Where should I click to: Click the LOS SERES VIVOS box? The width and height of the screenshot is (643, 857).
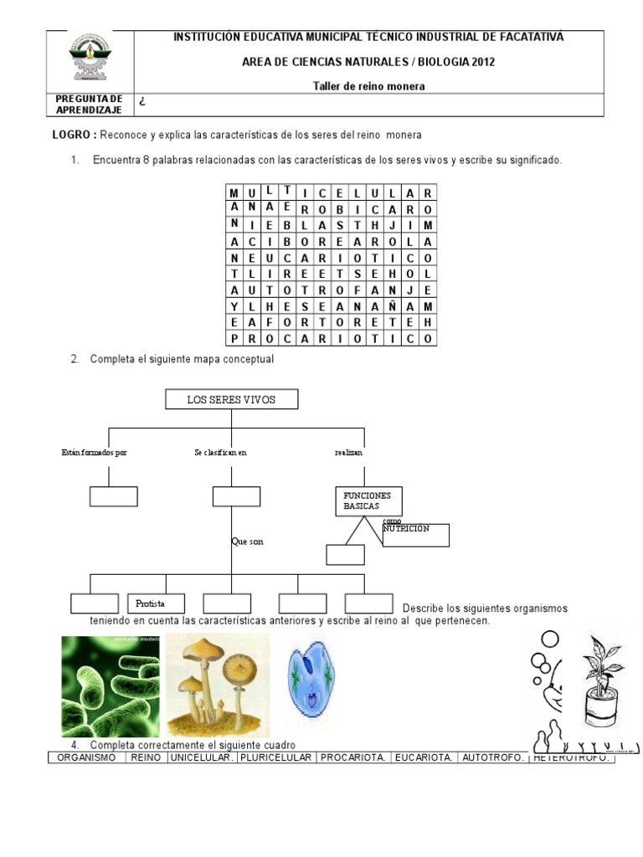click(231, 400)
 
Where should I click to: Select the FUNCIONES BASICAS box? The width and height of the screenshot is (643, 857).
click(367, 501)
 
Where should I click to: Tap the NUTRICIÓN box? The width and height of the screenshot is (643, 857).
click(415, 535)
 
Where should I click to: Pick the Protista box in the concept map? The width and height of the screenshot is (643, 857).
click(158, 603)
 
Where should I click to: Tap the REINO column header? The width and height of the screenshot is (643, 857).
click(146, 757)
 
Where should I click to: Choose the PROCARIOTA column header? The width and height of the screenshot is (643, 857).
click(353, 757)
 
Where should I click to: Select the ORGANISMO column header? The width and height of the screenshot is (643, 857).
click(85, 757)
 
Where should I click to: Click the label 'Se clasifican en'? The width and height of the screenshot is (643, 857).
click(220, 453)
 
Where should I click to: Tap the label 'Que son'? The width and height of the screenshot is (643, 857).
click(247, 541)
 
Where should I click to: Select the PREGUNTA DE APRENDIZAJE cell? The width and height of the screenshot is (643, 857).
click(89, 105)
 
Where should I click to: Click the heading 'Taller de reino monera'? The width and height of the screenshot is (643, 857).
click(368, 85)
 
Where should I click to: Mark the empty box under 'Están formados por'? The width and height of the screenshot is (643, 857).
click(113, 496)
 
